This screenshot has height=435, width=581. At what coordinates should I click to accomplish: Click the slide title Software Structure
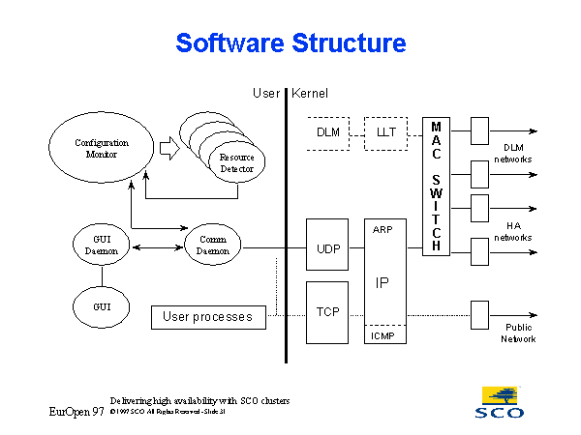tap(290, 43)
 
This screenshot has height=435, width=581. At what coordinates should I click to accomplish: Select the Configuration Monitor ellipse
tap(102, 149)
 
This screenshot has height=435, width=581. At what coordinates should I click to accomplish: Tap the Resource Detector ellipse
tap(235, 162)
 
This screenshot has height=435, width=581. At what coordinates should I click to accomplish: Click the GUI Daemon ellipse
tap(101, 245)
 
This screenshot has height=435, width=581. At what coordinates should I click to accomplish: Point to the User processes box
tap(208, 317)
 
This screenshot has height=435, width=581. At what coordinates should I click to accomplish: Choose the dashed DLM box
tap(328, 131)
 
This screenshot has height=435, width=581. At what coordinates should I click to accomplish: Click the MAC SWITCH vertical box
tap(437, 187)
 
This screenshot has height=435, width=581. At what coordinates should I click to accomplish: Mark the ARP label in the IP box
tap(382, 230)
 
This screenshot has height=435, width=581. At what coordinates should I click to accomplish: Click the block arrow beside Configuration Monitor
tap(168, 149)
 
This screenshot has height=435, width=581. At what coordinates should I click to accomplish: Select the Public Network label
tap(518, 333)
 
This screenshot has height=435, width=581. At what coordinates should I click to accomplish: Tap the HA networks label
tap(513, 231)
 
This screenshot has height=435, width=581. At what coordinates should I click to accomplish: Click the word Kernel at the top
tap(310, 94)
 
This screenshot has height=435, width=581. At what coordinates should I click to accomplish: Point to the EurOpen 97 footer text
tap(77, 412)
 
